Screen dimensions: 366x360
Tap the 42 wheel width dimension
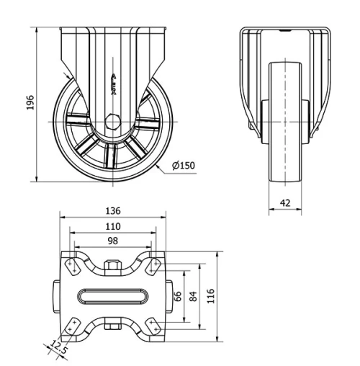pos(286,204)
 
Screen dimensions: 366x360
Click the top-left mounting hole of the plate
pos(73,266)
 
